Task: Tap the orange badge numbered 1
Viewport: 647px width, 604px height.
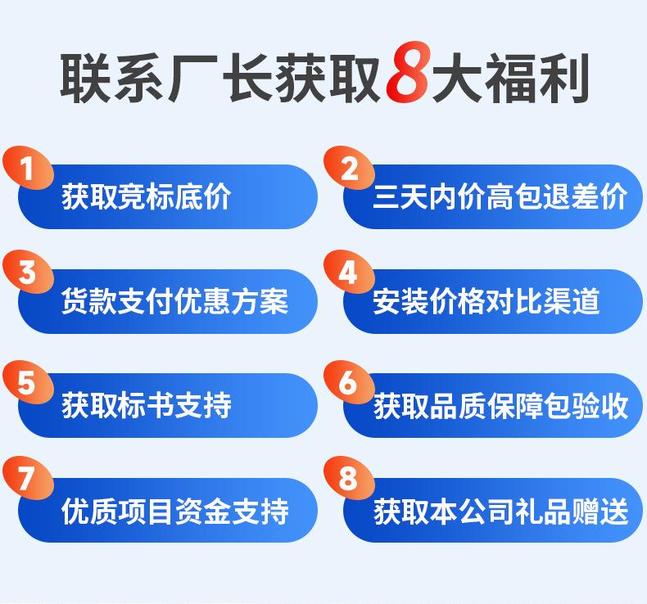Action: (x=27, y=169)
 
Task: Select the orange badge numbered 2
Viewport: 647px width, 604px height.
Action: (x=350, y=169)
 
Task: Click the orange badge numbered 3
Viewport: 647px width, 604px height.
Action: (x=27, y=273)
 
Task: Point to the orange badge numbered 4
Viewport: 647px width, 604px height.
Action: (x=350, y=273)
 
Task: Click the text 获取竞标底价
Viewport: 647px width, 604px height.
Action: (x=147, y=197)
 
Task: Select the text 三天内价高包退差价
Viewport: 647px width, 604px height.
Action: (x=500, y=197)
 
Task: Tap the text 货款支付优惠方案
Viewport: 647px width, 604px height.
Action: (x=174, y=301)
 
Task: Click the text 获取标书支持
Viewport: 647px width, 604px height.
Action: (x=147, y=405)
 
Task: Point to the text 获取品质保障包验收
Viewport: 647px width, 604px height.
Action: (x=500, y=405)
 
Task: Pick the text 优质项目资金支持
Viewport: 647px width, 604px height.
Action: (x=174, y=511)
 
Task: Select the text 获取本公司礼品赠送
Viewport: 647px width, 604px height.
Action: (x=500, y=511)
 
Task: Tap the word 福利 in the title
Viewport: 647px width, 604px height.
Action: (x=545, y=79)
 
